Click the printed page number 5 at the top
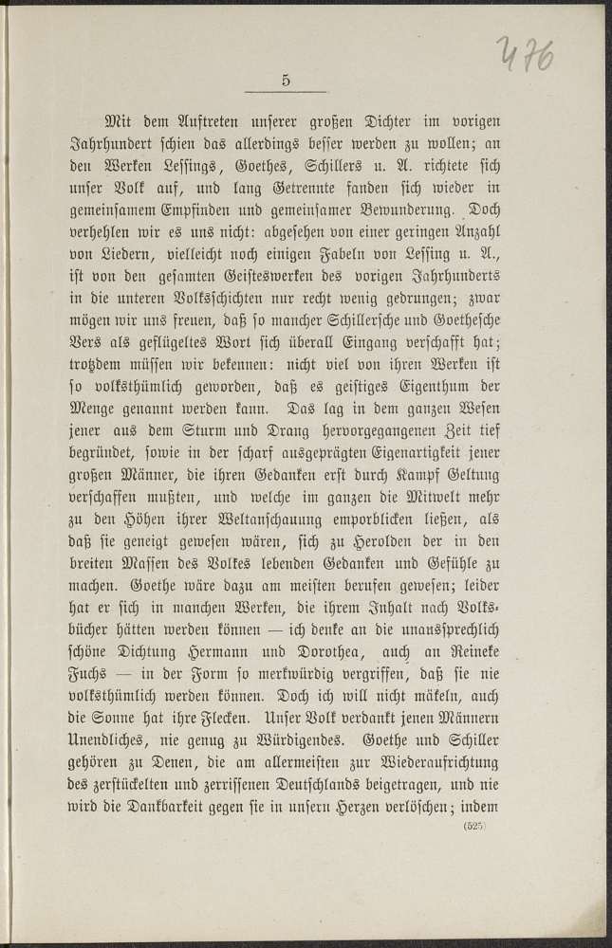pyautogui.click(x=286, y=81)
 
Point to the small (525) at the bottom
pyautogui.click(x=474, y=827)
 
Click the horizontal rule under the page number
pyautogui.click(x=286, y=93)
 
